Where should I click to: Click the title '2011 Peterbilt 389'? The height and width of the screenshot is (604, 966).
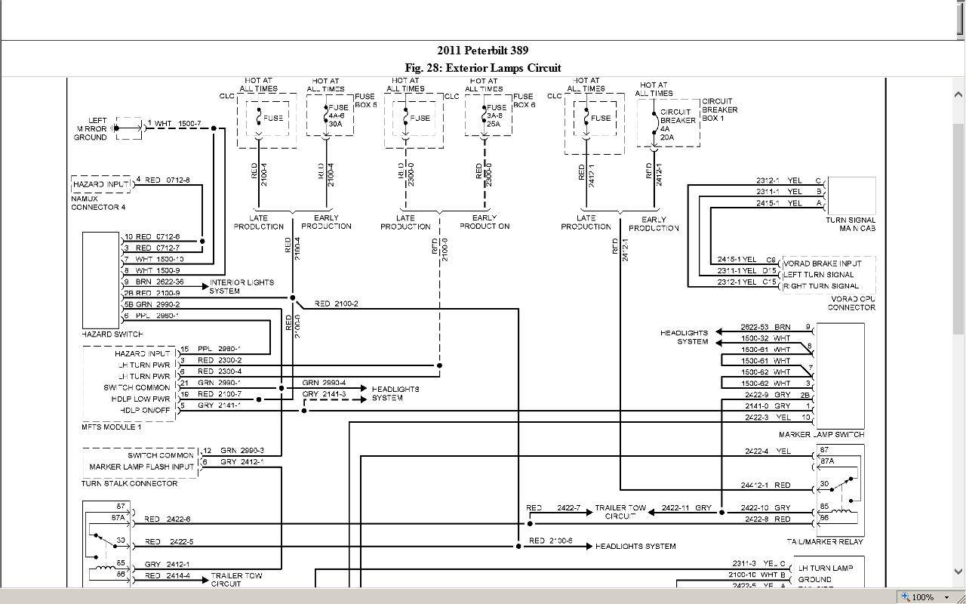click(x=482, y=51)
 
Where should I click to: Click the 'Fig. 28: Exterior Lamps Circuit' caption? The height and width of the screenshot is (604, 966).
click(x=482, y=68)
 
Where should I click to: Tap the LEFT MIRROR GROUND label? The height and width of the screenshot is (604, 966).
click(x=91, y=129)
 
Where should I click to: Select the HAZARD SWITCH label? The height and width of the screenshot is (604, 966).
click(x=112, y=334)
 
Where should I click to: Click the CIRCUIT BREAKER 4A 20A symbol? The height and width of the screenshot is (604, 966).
click(x=657, y=121)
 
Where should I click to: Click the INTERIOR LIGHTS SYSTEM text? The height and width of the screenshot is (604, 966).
click(x=241, y=287)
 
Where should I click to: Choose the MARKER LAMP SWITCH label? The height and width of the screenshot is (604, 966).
click(x=821, y=435)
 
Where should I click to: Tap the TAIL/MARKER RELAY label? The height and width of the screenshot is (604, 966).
click(x=824, y=542)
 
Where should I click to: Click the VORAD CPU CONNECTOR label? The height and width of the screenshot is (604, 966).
click(x=851, y=304)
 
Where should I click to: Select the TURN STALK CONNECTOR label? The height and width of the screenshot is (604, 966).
click(x=130, y=483)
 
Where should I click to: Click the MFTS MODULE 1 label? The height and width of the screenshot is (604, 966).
click(x=112, y=427)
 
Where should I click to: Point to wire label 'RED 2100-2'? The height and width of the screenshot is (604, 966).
click(x=336, y=304)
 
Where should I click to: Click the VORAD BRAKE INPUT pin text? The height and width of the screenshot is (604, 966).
click(x=822, y=263)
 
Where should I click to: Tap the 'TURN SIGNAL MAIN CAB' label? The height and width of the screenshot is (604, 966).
click(x=851, y=224)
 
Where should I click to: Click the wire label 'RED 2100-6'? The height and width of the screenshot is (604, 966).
click(x=550, y=541)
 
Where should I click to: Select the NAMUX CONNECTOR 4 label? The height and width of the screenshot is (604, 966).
click(x=98, y=203)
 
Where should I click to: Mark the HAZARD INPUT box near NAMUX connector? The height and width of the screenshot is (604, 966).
click(x=100, y=184)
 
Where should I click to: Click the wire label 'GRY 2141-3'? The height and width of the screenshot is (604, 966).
click(x=324, y=394)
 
